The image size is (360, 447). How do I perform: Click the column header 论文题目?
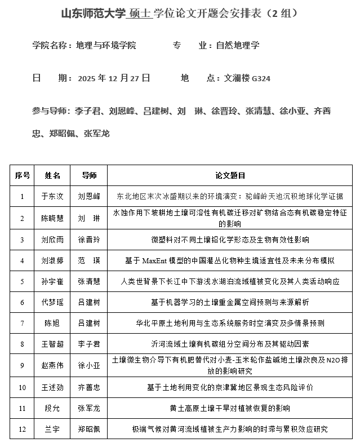tap(230, 176)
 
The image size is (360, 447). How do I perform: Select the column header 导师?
tap(89, 176)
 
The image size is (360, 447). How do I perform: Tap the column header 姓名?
tap(52, 176)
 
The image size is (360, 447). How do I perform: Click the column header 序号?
tap(23, 176)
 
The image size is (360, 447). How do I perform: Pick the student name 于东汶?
tap(52, 197)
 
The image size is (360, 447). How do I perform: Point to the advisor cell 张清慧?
tap(89, 281)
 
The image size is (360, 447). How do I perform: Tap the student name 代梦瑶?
tap(52, 302)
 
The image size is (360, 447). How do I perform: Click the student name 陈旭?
tap(52, 323)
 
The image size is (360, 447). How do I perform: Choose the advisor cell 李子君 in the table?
tap(89, 343)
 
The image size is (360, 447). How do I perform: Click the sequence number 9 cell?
tap(23, 365)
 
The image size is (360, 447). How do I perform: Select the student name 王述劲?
tap(52, 387)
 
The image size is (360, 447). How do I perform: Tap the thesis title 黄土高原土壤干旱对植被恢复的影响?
tap(230, 408)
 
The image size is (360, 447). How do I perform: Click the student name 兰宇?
tap(52, 429)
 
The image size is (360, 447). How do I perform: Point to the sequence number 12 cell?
tap(23, 429)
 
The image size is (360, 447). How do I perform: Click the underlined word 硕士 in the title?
tap(140, 13)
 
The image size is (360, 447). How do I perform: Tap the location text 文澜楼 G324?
tap(247, 78)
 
